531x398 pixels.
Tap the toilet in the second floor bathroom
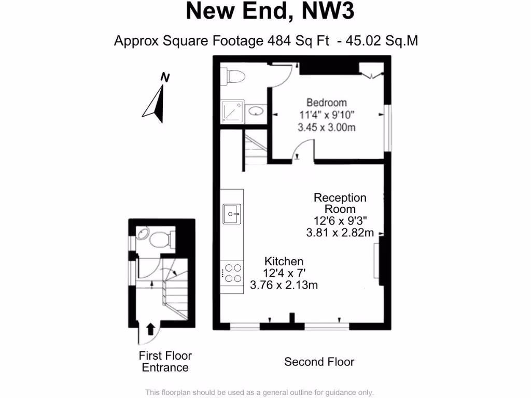[x=233, y=76]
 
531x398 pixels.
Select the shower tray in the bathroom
[x=232, y=110]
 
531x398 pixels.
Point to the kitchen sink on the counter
[x=232, y=212]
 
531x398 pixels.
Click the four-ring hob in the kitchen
[x=232, y=274]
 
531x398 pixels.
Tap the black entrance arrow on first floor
[x=151, y=329]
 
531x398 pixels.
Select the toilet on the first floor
[x=158, y=239]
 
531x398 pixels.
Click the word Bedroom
[x=326, y=103]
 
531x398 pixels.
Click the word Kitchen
[x=284, y=261]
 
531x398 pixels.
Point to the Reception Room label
[x=340, y=203]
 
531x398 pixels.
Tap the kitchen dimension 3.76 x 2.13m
[x=284, y=285]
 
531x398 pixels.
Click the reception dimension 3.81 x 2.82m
[x=340, y=233]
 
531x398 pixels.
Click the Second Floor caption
[x=319, y=362]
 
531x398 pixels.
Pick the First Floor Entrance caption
[x=165, y=362]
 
